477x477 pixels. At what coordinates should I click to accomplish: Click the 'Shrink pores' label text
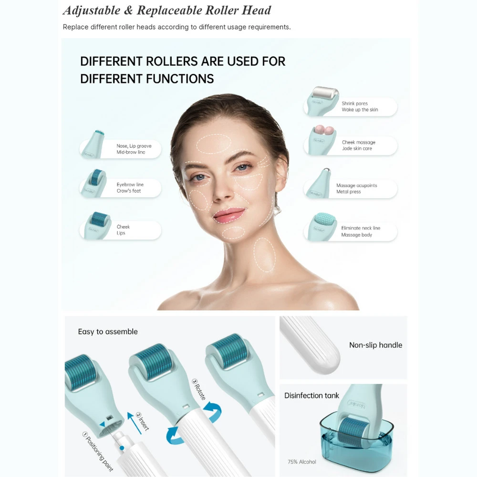pyautogui.click(x=354, y=104)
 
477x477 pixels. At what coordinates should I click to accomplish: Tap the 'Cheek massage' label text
pyautogui.click(x=358, y=142)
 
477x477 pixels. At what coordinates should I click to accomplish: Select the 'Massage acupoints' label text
pyautogui.click(x=356, y=185)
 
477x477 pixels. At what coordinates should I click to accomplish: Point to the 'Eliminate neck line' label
pyautogui.click(x=361, y=228)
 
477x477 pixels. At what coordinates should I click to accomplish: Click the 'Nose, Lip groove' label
pyautogui.click(x=134, y=145)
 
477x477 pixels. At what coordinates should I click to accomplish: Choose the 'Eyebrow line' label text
pyautogui.click(x=130, y=184)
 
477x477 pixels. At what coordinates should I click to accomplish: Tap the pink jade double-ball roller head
pyautogui.click(x=324, y=130)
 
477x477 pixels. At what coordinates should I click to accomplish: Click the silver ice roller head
pyautogui.click(x=325, y=93)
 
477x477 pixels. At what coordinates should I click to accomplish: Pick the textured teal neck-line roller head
pyautogui.click(x=324, y=219)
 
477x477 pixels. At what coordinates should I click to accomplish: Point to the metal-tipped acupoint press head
pyautogui.click(x=326, y=171)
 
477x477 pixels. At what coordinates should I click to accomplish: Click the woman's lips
pyautogui.click(x=228, y=215)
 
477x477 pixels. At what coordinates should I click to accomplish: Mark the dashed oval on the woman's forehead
pyautogui.click(x=214, y=144)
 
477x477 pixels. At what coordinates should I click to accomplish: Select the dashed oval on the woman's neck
pyautogui.click(x=265, y=255)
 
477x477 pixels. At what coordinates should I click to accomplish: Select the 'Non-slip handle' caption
pyautogui.click(x=375, y=345)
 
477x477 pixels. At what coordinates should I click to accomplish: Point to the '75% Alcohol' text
pyautogui.click(x=302, y=462)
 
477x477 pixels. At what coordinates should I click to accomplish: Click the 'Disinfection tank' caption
pyautogui.click(x=311, y=395)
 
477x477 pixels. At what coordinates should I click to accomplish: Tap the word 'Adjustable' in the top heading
pyautogui.click(x=92, y=10)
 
